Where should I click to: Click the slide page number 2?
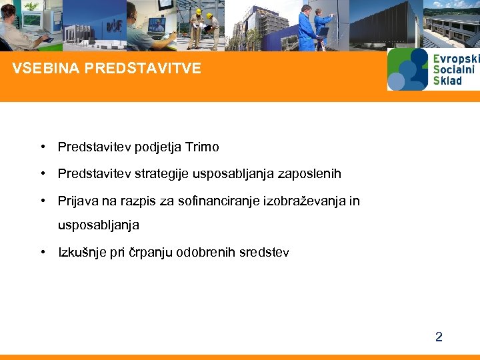(439, 337)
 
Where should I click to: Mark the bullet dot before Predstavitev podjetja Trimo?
(42, 147)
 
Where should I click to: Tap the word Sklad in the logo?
(447, 81)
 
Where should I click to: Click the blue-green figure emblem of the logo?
(407, 69)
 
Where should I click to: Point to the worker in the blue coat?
(307, 27)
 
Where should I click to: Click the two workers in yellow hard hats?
(203, 27)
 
